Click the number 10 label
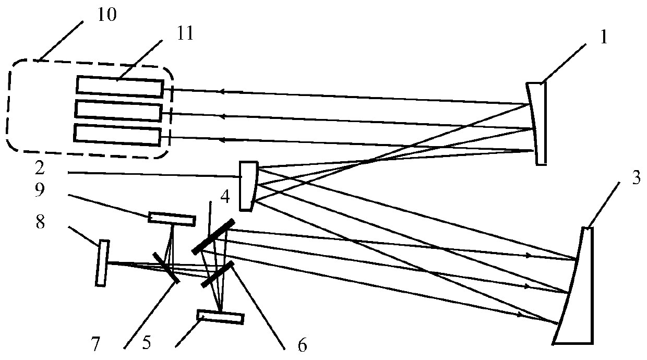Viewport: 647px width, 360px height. (x=106, y=14)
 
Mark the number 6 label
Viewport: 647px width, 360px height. (x=302, y=345)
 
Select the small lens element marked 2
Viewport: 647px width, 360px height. (x=247, y=186)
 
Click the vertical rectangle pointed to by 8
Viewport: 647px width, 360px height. (x=103, y=263)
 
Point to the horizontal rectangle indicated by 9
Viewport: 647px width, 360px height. (x=172, y=218)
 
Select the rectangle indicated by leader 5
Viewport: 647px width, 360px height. (x=220, y=317)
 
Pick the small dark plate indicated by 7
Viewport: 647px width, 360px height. (x=166, y=267)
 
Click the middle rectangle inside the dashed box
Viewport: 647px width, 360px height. (x=118, y=111)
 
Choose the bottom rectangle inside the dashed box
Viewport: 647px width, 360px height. (x=117, y=134)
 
